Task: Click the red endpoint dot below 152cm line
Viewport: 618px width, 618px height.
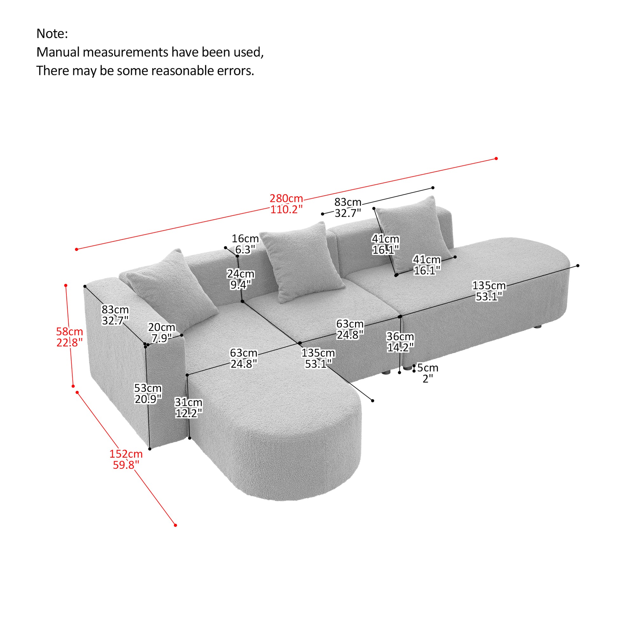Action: coord(175,525)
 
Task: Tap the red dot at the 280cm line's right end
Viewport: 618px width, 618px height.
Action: coord(496,158)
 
